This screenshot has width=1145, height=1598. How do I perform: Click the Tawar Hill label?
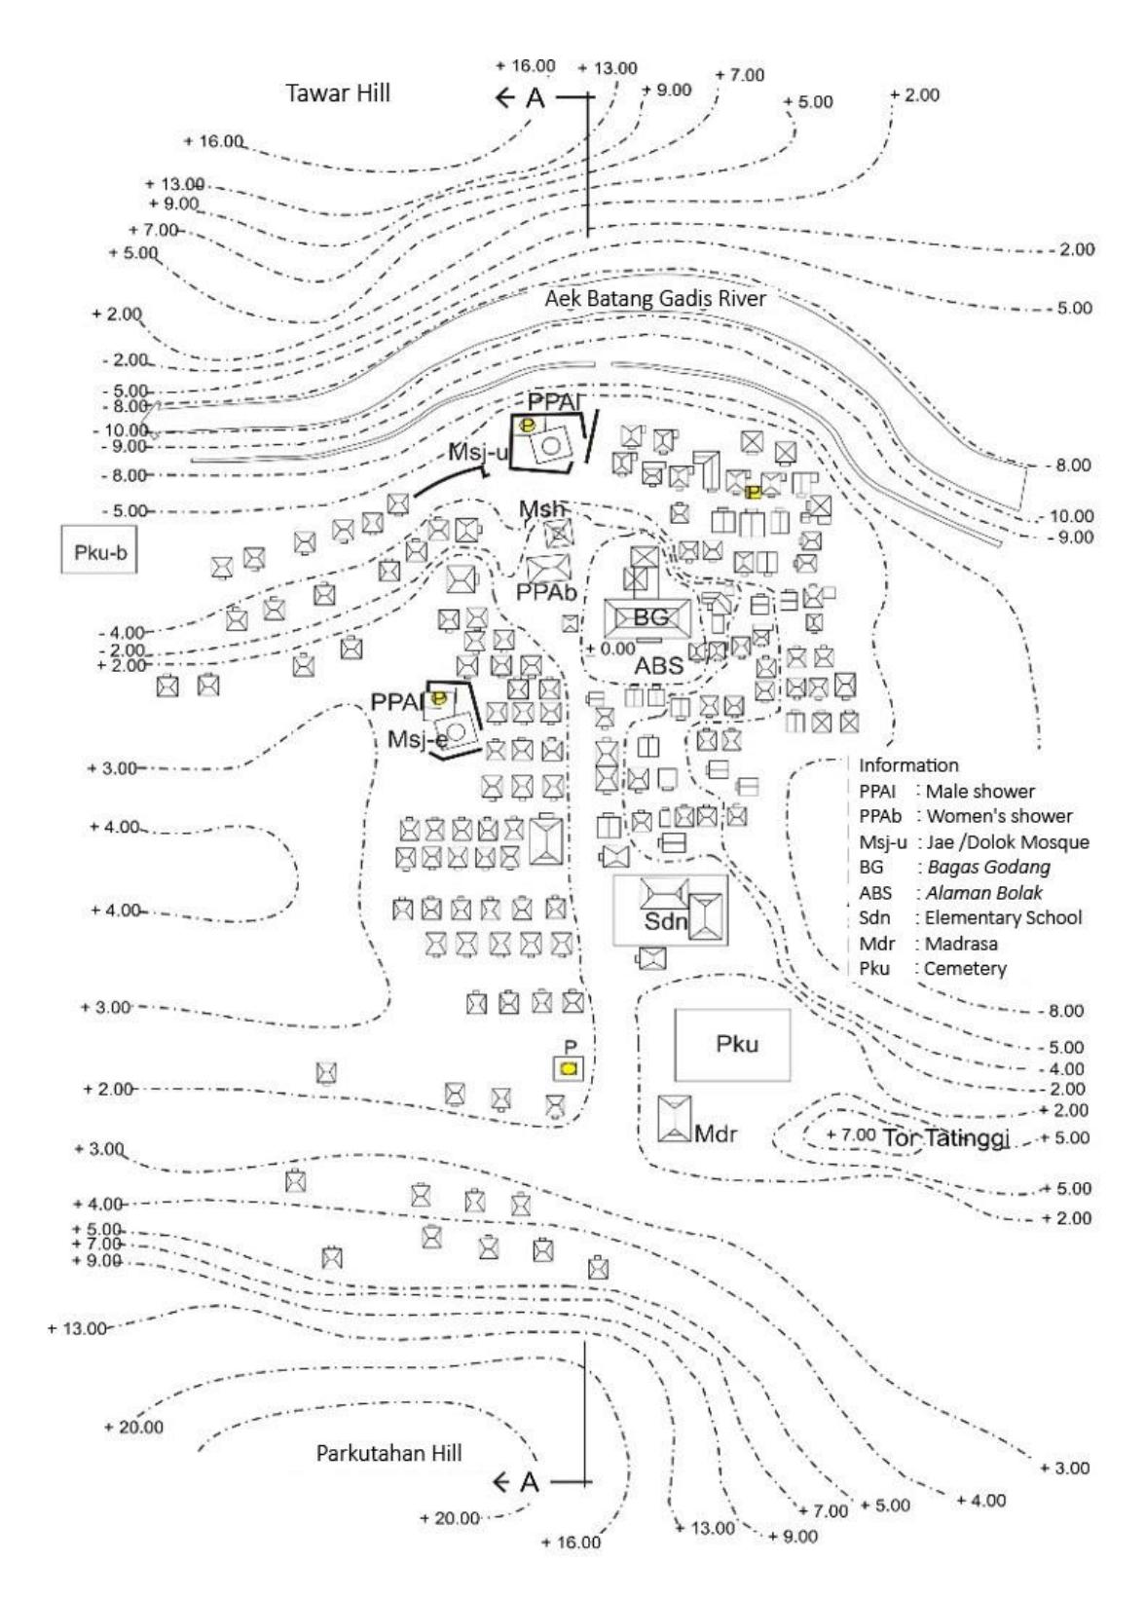tap(338, 93)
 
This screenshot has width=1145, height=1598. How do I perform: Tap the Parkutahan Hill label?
tap(388, 1453)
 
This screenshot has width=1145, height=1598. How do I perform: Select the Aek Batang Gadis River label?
tap(655, 298)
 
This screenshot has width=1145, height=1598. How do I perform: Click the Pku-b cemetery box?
tap(98, 550)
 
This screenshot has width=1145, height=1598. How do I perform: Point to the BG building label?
tap(650, 616)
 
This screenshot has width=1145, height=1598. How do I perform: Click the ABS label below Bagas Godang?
tap(658, 666)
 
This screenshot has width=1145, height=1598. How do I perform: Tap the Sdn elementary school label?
tap(666, 921)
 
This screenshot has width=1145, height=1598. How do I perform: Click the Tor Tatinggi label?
tap(946, 1138)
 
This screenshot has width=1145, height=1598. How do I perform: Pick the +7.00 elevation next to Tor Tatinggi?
tap(850, 1134)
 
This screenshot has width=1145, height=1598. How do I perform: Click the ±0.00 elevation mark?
tap(609, 650)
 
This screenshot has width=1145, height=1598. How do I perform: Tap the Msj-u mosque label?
tap(478, 452)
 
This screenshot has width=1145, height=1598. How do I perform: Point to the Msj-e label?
tap(418, 740)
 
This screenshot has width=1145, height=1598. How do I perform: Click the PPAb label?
tap(546, 592)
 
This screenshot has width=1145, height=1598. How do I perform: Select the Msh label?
tap(541, 508)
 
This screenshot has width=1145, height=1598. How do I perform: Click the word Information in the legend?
tap(908, 765)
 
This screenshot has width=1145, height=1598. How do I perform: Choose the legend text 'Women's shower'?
tap(999, 816)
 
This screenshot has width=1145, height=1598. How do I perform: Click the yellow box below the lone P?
tap(569, 1068)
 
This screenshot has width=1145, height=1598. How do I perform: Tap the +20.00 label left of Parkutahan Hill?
tap(133, 1427)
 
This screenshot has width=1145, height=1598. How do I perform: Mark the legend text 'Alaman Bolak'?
tap(983, 892)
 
